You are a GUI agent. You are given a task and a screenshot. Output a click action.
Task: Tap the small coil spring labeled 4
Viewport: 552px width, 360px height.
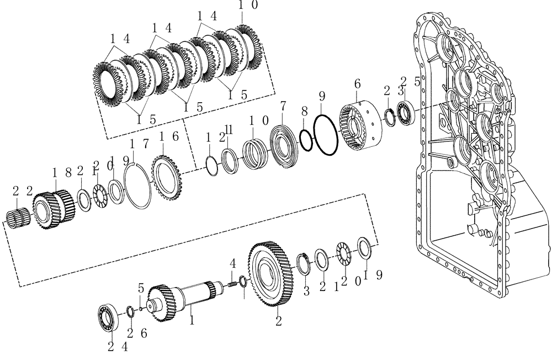point(232,284)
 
